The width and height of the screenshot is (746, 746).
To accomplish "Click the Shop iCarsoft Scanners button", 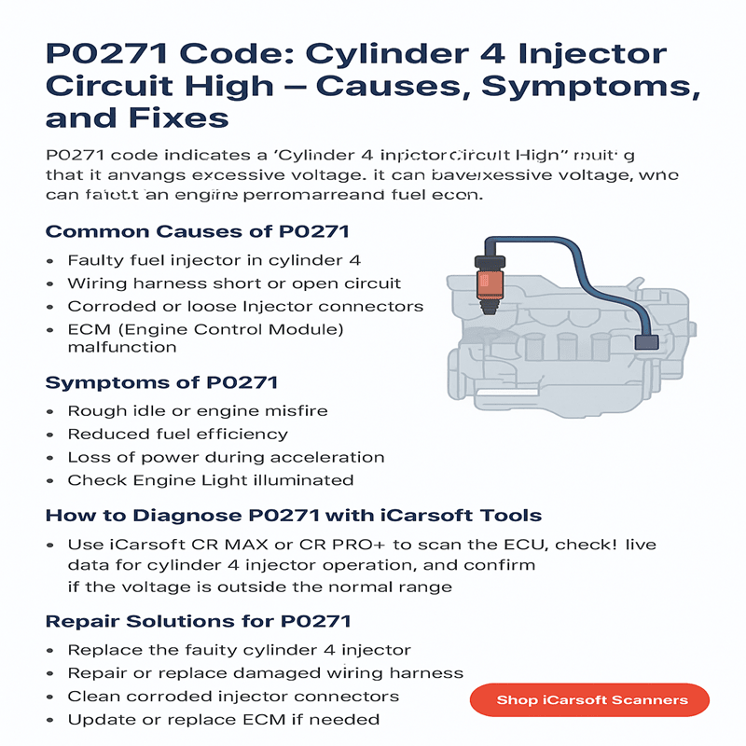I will (x=592, y=699).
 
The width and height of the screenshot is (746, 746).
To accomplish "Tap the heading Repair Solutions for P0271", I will (x=199, y=621).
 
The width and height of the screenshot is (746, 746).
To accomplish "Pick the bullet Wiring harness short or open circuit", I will (x=234, y=283).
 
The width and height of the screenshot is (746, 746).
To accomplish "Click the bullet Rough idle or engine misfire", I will (x=198, y=410).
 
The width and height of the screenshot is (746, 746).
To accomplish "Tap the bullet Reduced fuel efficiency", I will (x=178, y=434).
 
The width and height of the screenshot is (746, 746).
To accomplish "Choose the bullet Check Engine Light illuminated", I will (x=211, y=480).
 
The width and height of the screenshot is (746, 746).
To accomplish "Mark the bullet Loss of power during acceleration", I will (x=227, y=457).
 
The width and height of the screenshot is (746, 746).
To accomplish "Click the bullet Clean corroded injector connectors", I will (x=233, y=697).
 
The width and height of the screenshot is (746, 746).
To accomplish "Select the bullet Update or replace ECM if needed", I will (x=224, y=720).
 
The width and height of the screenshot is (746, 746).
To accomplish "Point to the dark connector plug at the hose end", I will (x=645, y=342).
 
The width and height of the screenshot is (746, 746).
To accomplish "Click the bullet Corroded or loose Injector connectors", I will (x=245, y=307).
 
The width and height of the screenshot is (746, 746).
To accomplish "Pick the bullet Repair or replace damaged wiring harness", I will (x=266, y=673).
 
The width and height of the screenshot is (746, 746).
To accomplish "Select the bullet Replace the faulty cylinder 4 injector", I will (x=240, y=650).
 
